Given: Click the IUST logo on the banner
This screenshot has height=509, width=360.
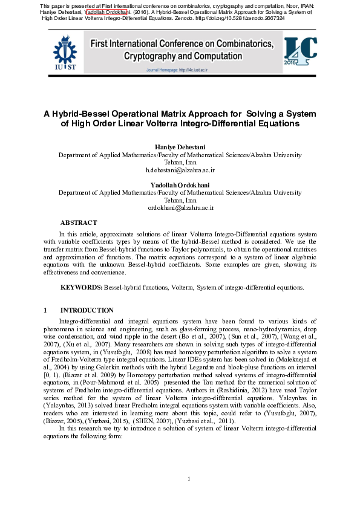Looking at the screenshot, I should (x=65, y=54).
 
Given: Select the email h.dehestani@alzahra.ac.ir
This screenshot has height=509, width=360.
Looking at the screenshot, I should (x=180, y=171).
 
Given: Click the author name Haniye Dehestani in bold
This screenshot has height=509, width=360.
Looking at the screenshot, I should (x=180, y=148).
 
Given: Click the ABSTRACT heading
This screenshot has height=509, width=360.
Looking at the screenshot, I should (x=79, y=222).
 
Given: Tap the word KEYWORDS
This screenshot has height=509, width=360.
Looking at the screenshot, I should (x=81, y=288).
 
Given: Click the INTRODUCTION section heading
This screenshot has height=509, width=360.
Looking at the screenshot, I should (x=87, y=310).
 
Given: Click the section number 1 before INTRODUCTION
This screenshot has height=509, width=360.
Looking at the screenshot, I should (x=45, y=310).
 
